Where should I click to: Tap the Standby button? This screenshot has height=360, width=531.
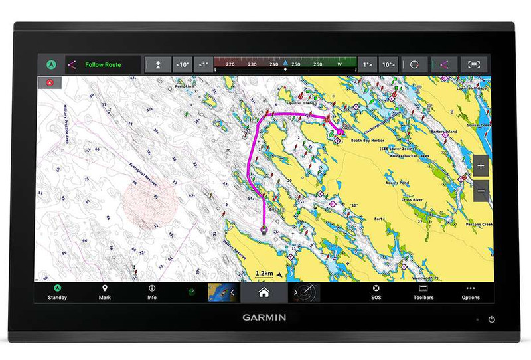pos(57,292)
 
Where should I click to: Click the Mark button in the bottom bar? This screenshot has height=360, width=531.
pos(104,292)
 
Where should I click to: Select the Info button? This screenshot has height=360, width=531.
pos(152,292)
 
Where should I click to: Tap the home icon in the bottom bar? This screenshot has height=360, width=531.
pos(264,292)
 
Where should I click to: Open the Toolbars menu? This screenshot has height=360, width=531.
pos(423,292)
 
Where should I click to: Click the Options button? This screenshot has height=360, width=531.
pos(471,292)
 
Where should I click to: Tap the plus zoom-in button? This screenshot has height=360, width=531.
pos(481,165)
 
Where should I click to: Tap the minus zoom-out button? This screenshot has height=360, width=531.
pos(481,192)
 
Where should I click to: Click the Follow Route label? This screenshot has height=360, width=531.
pos(103,65)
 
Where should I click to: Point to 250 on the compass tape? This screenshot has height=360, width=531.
pos(296,65)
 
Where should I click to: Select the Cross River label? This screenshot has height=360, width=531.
pos(412,199)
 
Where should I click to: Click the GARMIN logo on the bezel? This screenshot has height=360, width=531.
pos(264,318)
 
